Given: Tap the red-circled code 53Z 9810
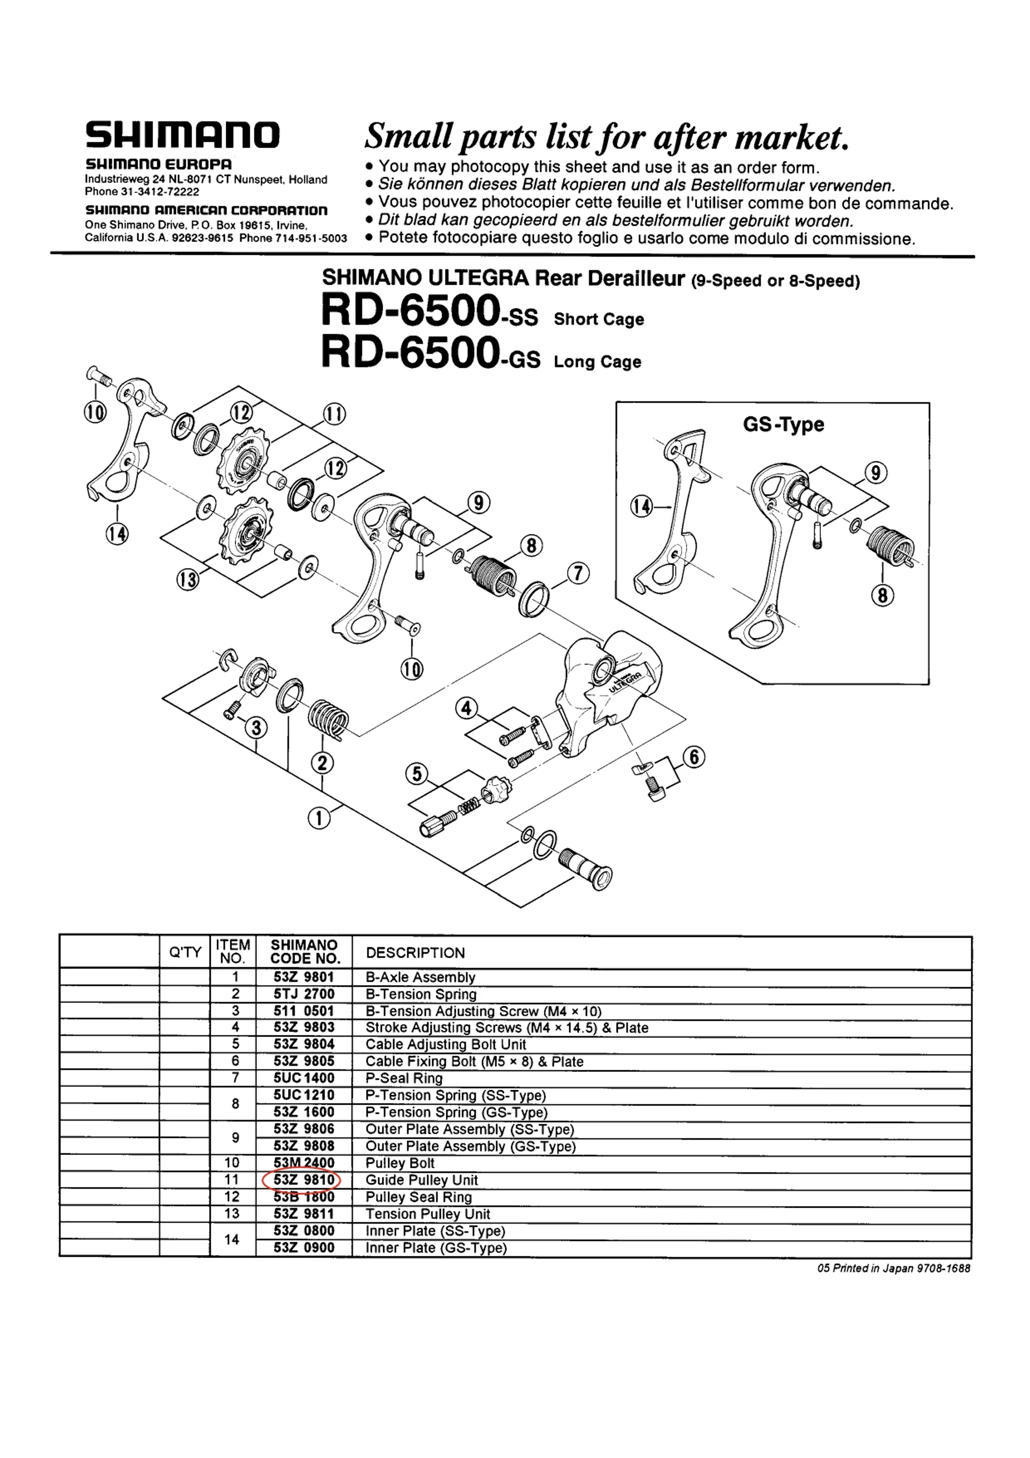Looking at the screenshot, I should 303,1180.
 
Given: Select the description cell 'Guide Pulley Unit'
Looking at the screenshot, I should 422,1180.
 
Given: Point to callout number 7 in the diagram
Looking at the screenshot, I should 578,574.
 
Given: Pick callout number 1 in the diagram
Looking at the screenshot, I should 319,818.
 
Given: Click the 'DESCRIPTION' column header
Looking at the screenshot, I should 415,953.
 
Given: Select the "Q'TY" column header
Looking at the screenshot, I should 185,952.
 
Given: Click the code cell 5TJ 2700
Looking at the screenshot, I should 304,994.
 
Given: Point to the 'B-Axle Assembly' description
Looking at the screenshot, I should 421,977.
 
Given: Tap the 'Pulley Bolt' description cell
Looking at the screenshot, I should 400,1163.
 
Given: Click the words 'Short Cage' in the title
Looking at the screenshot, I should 599,319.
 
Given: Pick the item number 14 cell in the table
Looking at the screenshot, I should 232,1239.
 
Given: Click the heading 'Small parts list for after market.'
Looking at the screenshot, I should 606,136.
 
